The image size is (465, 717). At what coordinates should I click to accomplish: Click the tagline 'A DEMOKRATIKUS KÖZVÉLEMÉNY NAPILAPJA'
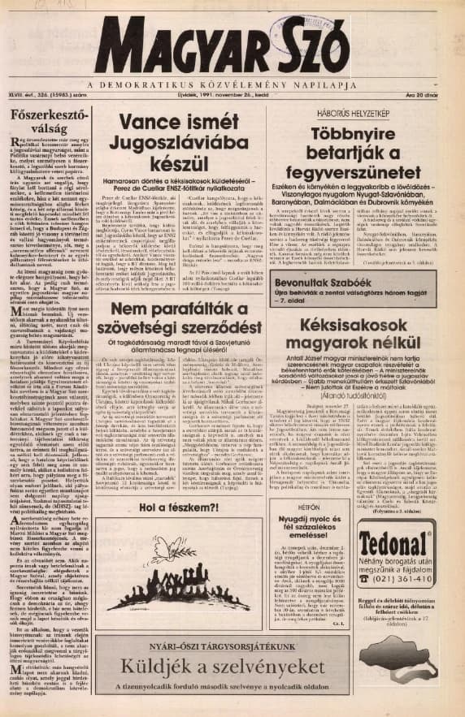pos(232,83)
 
